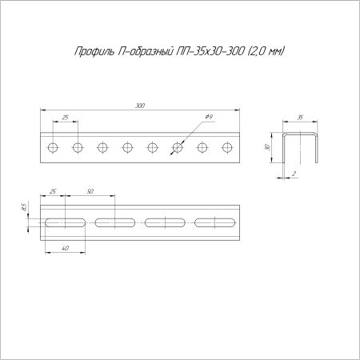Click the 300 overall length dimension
pos(140,106)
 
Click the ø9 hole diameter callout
pos(209,117)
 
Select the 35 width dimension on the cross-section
pos(300,118)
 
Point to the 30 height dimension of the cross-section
pos(268,147)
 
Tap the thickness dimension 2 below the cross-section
pos(294,174)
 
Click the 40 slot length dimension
pos(65,248)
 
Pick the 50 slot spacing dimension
pos(90,191)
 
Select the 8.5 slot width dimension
pos(23,207)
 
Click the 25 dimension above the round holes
pos(66,117)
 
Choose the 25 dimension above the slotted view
pos(53,191)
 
